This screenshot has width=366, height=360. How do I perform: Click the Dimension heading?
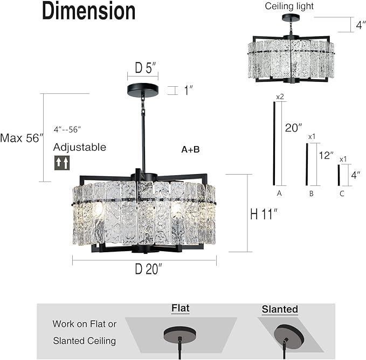click(x=89, y=11)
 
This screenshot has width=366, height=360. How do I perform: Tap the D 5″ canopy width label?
click(x=146, y=68)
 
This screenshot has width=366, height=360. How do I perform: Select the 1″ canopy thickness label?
click(x=189, y=91)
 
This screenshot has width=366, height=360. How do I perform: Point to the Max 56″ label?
click(x=21, y=138)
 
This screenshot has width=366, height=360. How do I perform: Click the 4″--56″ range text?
click(x=67, y=129)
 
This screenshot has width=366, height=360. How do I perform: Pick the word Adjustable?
click(x=80, y=147)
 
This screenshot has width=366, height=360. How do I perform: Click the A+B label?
click(x=190, y=149)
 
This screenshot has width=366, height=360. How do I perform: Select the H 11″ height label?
click(x=265, y=213)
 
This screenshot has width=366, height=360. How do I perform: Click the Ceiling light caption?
click(x=289, y=6)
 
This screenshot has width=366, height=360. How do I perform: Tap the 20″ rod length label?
click(x=293, y=128)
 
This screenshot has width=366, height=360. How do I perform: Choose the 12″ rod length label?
click(x=326, y=155)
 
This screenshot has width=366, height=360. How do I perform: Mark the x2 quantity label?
click(x=280, y=97)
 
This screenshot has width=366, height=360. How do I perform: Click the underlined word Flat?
click(x=181, y=309)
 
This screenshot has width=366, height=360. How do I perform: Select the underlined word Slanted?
click(x=280, y=309)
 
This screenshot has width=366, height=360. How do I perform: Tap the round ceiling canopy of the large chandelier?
click(x=143, y=89)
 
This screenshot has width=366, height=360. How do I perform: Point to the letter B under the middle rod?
click(x=311, y=192)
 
